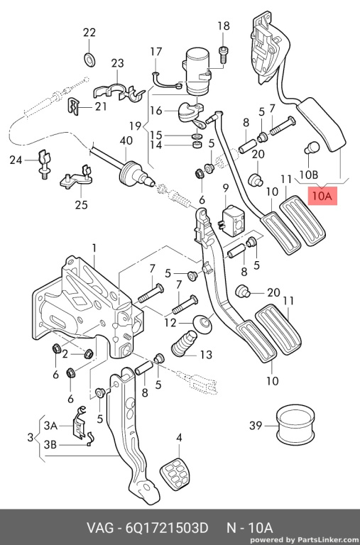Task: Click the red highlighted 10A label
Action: click(x=322, y=196)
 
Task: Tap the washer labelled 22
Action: click(x=89, y=60)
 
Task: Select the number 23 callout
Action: click(x=117, y=63)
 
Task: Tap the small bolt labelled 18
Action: click(x=223, y=54)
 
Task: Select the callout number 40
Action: click(x=126, y=141)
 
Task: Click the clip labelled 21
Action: click(x=72, y=106)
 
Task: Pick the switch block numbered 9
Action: click(x=232, y=221)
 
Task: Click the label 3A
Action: click(x=50, y=426)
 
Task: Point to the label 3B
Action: click(x=50, y=444)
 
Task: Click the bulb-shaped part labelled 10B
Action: click(x=312, y=148)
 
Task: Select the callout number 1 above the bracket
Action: click(x=94, y=248)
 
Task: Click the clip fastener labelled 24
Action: click(x=43, y=163)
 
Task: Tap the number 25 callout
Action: click(x=81, y=204)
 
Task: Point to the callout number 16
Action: click(x=156, y=111)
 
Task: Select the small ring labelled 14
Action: click(x=197, y=143)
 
